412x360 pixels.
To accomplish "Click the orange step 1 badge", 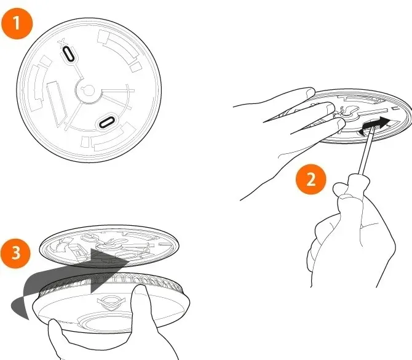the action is [17, 23].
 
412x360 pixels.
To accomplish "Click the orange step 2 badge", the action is [311, 179].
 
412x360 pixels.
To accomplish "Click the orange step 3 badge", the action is [15, 253].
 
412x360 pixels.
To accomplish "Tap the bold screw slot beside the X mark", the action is [68, 54].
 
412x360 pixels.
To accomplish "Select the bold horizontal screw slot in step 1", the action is [106, 122].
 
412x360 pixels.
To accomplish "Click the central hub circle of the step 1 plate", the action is [89, 91].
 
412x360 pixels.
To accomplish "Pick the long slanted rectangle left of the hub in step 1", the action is [57, 103].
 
